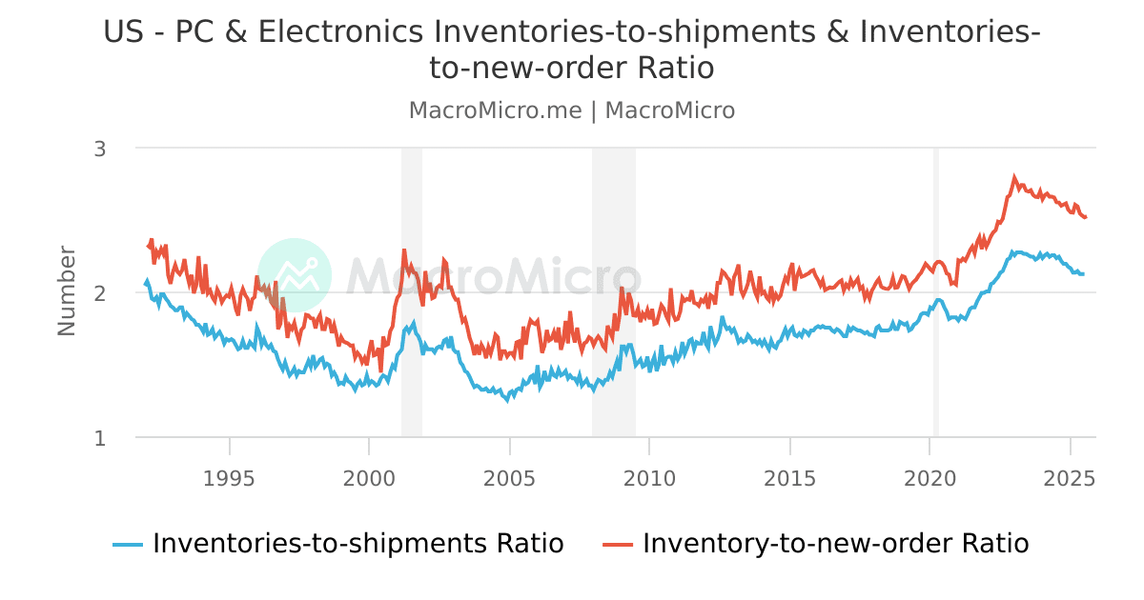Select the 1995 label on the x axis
[229, 476]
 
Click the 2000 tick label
[369, 476]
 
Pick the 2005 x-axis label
[509, 476]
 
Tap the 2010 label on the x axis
[649, 476]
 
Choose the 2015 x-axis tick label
[789, 476]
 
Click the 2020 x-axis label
[929, 476]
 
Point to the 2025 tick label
[1070, 476]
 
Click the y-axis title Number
[67, 290]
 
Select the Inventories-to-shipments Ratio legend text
[357, 544]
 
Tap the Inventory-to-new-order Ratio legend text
[835, 544]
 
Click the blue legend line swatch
[128, 545]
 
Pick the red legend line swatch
[618, 545]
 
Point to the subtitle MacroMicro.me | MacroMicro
[572, 110]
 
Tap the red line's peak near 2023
[1014, 177]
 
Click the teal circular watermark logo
[295, 275]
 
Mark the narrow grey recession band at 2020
[936, 292]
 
